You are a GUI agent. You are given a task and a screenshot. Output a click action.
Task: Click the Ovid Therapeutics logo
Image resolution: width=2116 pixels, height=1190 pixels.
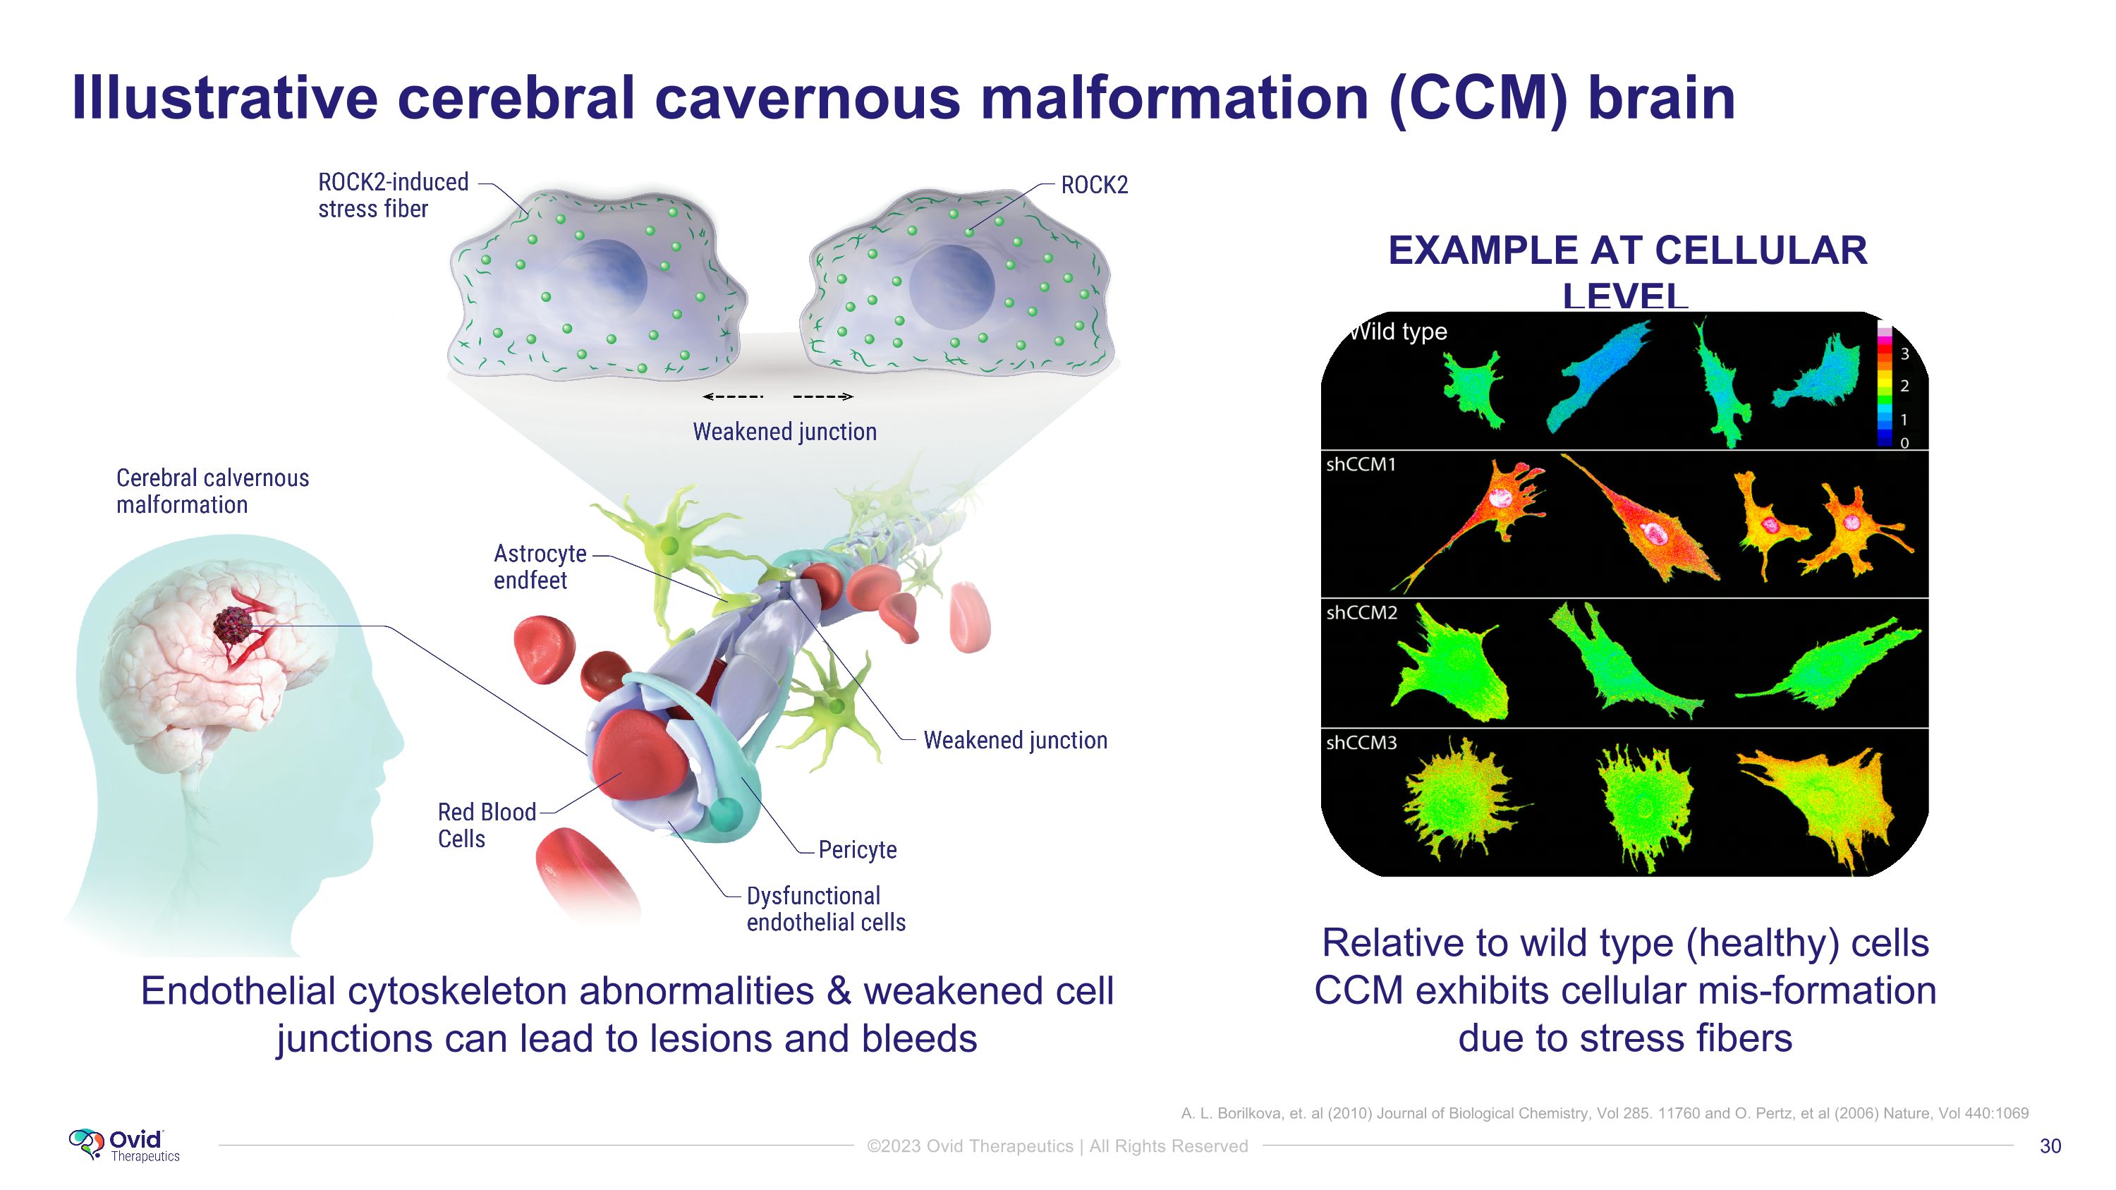tap(124, 1144)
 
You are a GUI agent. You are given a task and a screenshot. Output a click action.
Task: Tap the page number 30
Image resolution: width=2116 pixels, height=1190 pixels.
tap(2050, 1146)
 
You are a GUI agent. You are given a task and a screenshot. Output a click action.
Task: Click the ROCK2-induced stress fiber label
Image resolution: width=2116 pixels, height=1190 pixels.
tap(393, 195)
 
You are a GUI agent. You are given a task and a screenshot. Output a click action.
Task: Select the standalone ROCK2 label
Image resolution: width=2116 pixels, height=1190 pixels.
tap(1094, 186)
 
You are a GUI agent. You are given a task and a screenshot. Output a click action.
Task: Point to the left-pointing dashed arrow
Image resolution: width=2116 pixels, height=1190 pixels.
tap(733, 396)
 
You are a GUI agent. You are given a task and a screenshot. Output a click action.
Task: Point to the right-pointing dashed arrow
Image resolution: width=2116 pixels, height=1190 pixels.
tap(823, 396)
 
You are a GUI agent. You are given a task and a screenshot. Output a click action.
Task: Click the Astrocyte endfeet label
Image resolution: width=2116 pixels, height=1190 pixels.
tap(540, 566)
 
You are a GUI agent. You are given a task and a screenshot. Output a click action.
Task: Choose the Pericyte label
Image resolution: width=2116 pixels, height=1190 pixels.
tap(858, 849)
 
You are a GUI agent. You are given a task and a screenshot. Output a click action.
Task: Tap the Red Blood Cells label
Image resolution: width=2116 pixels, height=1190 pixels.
tap(485, 825)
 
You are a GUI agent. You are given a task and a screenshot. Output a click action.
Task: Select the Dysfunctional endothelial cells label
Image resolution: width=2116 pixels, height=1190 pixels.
tap(825, 909)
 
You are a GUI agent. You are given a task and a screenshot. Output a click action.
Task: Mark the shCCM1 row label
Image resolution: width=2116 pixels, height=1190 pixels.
tap(1361, 465)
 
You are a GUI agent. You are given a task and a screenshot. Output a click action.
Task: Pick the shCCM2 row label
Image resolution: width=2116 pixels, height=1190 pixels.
tap(1361, 613)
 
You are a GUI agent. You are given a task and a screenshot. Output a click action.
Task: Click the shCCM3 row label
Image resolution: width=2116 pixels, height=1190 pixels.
tap(1361, 742)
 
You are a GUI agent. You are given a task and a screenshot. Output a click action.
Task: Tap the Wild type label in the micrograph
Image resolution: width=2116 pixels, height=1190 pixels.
tap(1399, 332)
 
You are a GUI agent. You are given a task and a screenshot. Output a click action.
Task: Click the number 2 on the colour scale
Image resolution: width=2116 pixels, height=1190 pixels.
tap(1904, 386)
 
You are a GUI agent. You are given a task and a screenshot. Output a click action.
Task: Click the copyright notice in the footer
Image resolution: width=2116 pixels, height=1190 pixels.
tap(1057, 1146)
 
